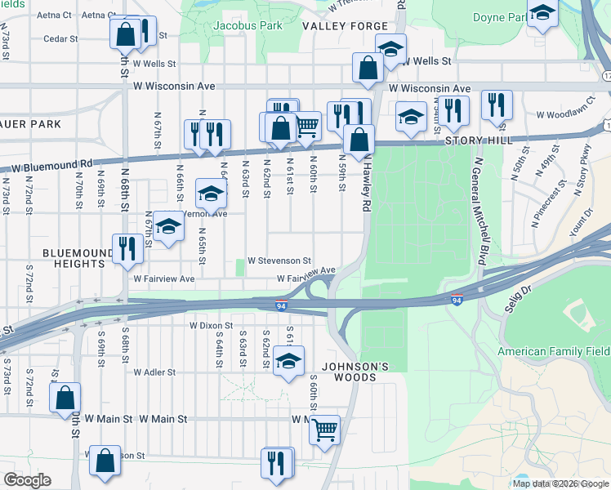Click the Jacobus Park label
225,26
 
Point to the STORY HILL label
478,140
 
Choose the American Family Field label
554,352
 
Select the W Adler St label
154,372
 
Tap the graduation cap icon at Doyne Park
543,14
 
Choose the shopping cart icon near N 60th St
306,127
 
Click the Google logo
27,480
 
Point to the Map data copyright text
560,483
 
